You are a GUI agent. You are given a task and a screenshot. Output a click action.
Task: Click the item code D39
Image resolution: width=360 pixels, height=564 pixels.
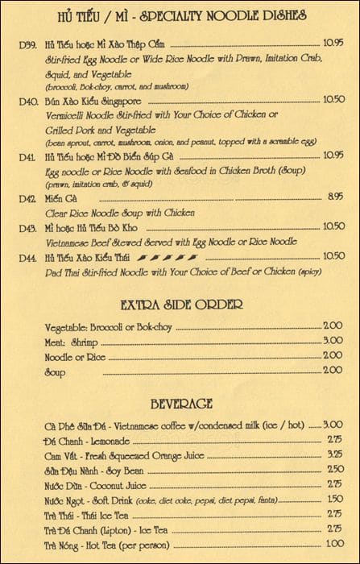tap(27, 42)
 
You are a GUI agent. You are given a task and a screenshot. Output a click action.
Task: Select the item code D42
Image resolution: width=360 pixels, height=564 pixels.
tap(27, 197)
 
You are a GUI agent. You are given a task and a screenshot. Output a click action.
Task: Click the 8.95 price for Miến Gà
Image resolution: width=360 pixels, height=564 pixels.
tap(336, 197)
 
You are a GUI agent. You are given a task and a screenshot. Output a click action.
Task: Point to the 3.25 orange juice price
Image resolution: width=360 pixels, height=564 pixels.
tap(333, 456)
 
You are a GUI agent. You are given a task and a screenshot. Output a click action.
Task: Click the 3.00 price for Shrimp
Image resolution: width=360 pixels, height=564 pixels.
tap(333, 341)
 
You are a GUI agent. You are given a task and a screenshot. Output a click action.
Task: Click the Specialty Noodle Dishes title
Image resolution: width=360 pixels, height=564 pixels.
tap(177, 15)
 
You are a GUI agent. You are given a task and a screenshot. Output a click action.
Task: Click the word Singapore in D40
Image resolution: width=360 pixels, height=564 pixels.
tap(119, 101)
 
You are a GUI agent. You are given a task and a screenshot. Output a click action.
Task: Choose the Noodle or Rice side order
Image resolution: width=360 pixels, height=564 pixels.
tap(76, 355)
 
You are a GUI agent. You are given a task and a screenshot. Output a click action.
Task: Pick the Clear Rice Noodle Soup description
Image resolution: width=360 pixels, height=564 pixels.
tap(119, 212)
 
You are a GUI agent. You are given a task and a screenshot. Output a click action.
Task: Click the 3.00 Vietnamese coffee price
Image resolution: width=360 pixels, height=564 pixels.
tap(333, 426)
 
